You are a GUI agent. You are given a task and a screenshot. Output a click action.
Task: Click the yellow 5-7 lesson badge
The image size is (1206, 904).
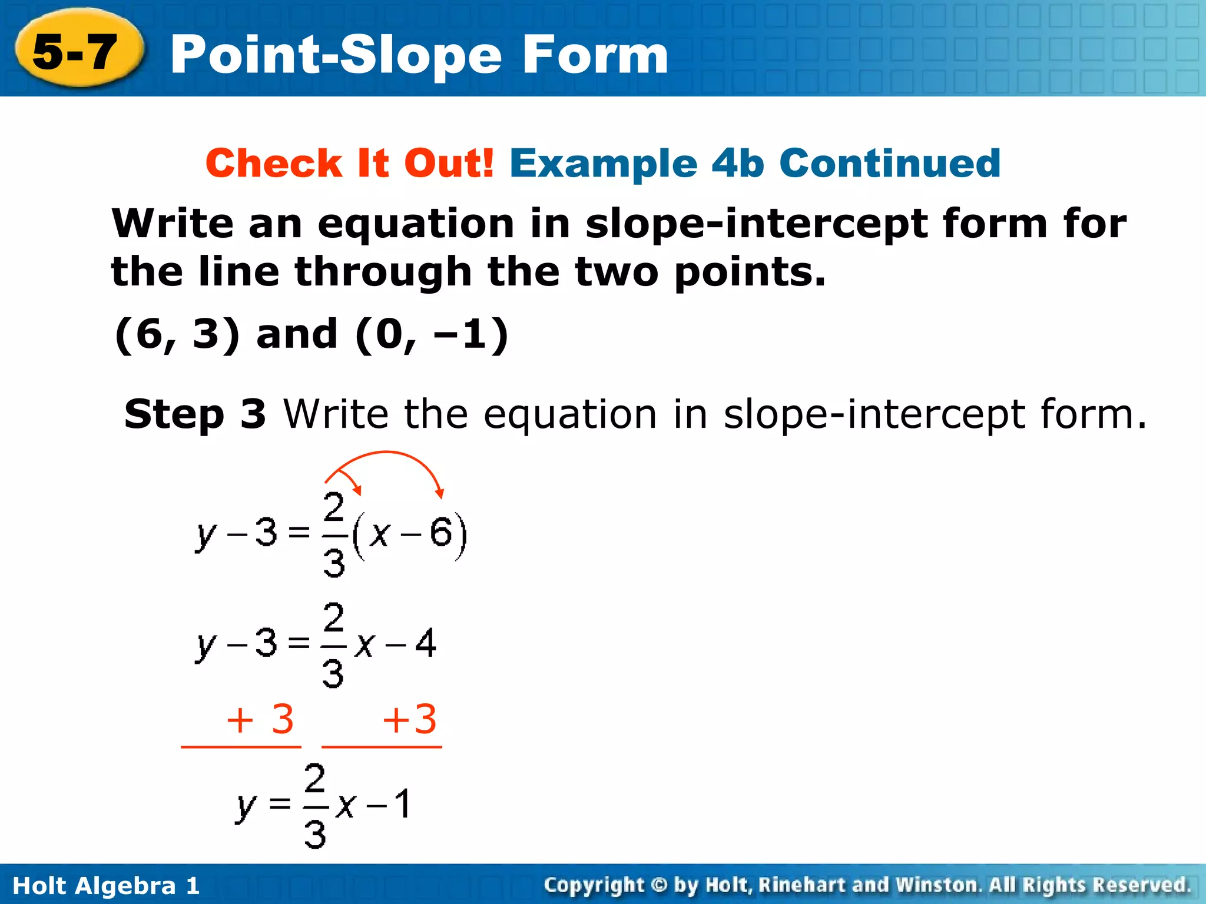click(77, 52)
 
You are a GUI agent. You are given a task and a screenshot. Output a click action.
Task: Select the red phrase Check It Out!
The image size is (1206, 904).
click(350, 163)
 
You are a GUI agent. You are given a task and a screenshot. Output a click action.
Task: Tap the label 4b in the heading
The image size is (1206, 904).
click(738, 163)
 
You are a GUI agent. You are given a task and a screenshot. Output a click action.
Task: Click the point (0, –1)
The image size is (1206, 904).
click(432, 334)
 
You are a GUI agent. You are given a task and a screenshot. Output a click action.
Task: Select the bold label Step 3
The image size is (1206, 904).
click(195, 414)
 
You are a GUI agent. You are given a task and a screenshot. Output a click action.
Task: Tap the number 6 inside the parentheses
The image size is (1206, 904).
click(440, 533)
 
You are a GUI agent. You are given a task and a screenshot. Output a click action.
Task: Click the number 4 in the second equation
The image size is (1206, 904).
click(425, 643)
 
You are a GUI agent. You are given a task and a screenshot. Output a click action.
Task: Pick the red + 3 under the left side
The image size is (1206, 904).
click(260, 719)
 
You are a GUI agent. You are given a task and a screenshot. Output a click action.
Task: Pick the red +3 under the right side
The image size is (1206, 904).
click(410, 719)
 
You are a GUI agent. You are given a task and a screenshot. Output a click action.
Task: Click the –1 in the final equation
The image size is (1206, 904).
click(389, 805)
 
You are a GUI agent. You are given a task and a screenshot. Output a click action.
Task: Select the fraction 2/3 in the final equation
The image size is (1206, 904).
click(315, 805)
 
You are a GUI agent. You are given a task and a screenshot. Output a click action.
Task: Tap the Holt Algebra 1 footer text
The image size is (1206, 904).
click(106, 885)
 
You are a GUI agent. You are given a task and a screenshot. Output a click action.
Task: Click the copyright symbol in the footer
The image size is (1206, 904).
click(660, 885)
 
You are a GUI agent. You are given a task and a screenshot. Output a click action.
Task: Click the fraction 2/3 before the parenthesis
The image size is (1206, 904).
click(334, 534)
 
